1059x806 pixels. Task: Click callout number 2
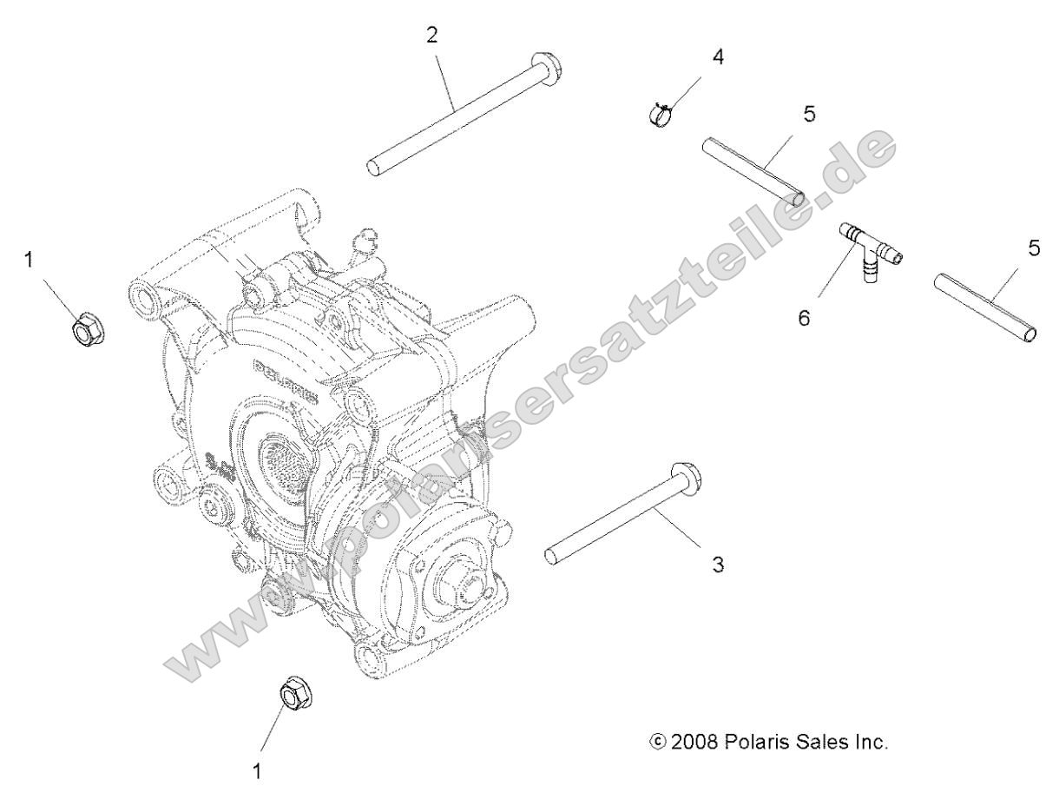tap(431, 36)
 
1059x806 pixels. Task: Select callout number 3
tap(717, 565)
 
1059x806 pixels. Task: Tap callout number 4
tap(717, 57)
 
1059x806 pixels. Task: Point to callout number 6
tap(804, 318)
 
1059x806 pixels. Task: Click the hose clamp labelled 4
tap(661, 114)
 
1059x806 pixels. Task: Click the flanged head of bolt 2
tap(547, 63)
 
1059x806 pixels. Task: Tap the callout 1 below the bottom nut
tap(257, 770)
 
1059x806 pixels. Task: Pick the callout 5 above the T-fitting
tap(809, 114)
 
